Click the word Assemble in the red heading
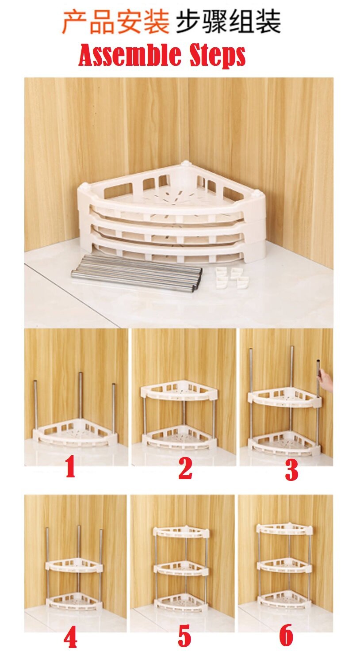(130, 56)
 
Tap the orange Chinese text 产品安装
(115, 22)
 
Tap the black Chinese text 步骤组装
(228, 22)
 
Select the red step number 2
(185, 469)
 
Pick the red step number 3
(291, 470)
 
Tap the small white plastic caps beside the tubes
(232, 278)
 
